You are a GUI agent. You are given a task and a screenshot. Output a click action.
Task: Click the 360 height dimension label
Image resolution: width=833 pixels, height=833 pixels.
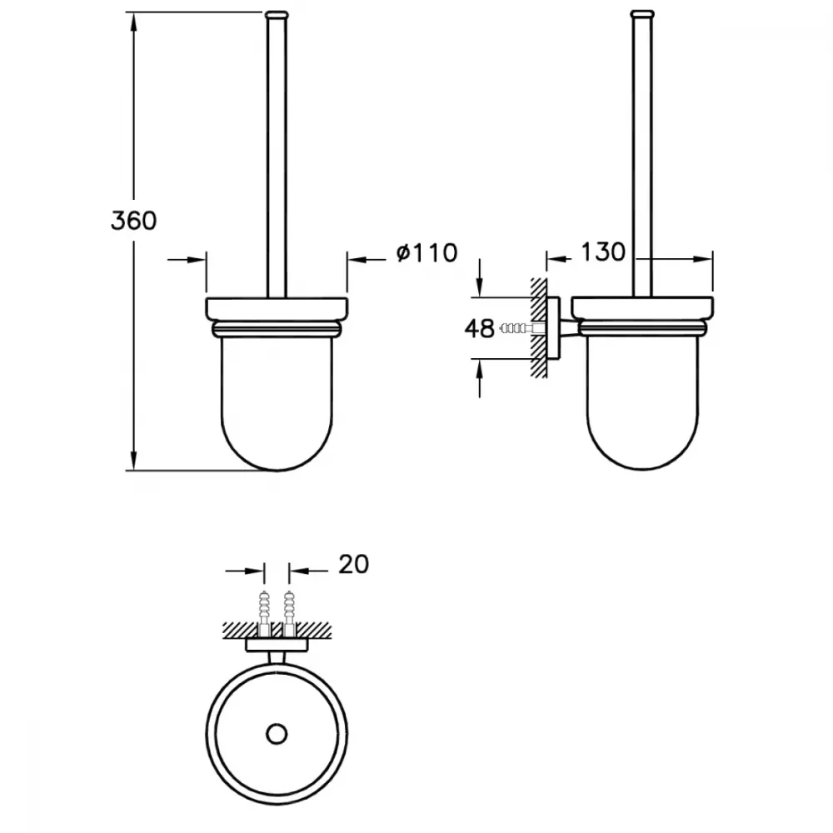point(133,221)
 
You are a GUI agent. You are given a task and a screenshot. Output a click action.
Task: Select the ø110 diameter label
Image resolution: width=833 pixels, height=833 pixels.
point(426,253)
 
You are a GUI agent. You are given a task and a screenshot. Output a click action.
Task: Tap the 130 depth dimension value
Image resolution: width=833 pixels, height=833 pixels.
point(603,252)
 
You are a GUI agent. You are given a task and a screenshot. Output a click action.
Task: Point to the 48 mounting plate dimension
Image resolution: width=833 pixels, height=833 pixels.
point(479,329)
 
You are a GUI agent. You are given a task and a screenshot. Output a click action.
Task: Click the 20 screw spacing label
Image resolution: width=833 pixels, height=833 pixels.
point(353,564)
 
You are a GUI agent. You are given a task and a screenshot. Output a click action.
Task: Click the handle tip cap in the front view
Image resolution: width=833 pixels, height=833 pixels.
point(277,15)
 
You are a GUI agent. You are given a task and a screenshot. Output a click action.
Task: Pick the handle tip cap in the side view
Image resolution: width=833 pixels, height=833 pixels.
point(642,15)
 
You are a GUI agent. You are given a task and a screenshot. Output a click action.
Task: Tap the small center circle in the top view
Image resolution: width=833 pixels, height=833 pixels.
point(277,734)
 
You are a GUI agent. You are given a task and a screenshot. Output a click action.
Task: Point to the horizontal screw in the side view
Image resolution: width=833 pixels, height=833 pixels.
point(521,328)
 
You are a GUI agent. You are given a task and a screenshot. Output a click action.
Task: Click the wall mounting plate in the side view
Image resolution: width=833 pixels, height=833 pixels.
point(553,328)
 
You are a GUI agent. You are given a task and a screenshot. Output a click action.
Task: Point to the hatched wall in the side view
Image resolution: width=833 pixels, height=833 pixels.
point(538,327)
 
